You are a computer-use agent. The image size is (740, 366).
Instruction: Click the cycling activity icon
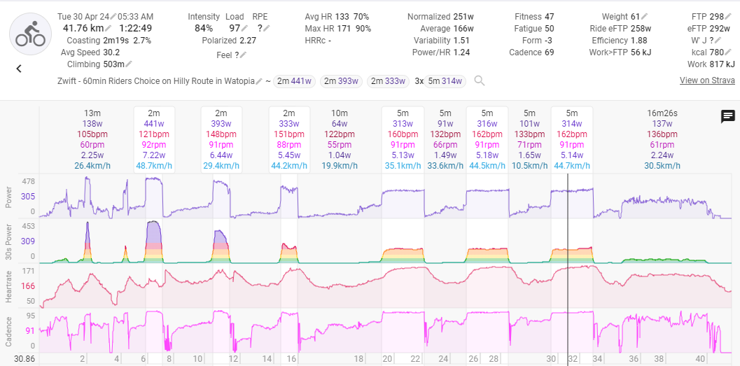(x=31, y=34)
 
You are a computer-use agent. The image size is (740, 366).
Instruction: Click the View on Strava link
(x=707, y=80)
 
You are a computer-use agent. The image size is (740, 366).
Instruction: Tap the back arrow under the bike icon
(x=19, y=69)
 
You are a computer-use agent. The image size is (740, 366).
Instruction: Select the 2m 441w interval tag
(x=295, y=81)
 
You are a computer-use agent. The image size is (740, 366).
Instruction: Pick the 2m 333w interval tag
(x=388, y=81)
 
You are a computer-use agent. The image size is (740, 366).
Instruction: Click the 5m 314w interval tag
(x=445, y=81)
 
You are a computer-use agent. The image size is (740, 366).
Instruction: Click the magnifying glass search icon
(x=480, y=81)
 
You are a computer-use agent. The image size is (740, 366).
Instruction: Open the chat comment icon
(x=727, y=116)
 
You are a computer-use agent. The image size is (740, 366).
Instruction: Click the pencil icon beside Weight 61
(x=645, y=17)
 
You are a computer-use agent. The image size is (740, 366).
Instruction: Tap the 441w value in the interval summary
(x=154, y=124)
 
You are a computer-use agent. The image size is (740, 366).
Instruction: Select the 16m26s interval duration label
(x=662, y=113)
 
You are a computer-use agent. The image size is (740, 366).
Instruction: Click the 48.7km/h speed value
(x=154, y=166)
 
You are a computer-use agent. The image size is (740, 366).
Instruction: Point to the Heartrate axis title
(x=8, y=286)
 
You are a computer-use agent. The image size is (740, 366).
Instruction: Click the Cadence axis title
(x=8, y=330)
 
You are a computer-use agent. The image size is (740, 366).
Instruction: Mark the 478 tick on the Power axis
(x=29, y=181)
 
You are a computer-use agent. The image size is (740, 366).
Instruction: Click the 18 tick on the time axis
(x=359, y=358)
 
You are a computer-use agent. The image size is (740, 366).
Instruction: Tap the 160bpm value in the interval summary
(x=402, y=134)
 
